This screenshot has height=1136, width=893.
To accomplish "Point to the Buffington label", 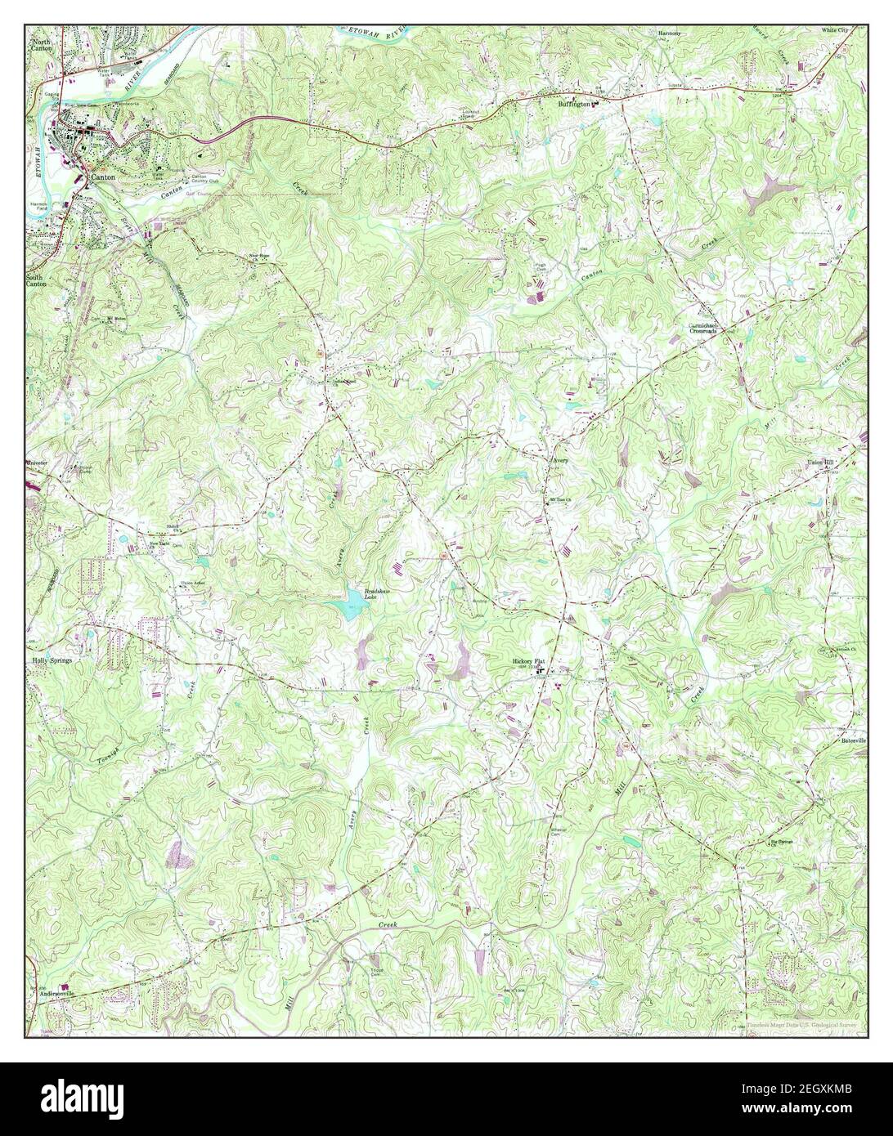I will [573, 104].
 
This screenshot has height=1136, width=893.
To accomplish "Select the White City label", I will [836, 29].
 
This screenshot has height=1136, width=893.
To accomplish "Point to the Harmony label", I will [669, 33].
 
